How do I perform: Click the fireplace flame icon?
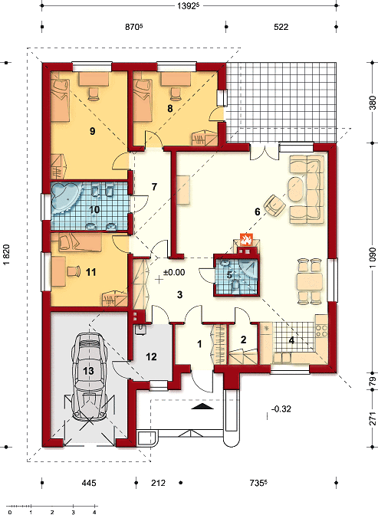(x=246, y=239)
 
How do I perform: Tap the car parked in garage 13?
(x=89, y=376)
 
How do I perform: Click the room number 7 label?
(x=154, y=187)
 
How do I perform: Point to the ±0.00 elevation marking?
(x=174, y=272)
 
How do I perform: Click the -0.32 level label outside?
(x=281, y=409)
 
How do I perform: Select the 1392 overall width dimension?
(x=189, y=6)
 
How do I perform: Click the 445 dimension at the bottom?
(x=89, y=483)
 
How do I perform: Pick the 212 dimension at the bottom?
(x=158, y=483)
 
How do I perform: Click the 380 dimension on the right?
(x=373, y=103)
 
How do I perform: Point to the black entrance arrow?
(x=202, y=407)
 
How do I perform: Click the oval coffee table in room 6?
(x=297, y=189)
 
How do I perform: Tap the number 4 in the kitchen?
(x=291, y=340)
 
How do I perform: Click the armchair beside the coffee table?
(x=274, y=205)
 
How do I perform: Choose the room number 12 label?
(x=151, y=356)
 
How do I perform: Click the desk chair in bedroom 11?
(x=74, y=271)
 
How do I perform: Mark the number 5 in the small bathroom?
(x=229, y=274)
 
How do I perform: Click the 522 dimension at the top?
(x=281, y=27)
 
